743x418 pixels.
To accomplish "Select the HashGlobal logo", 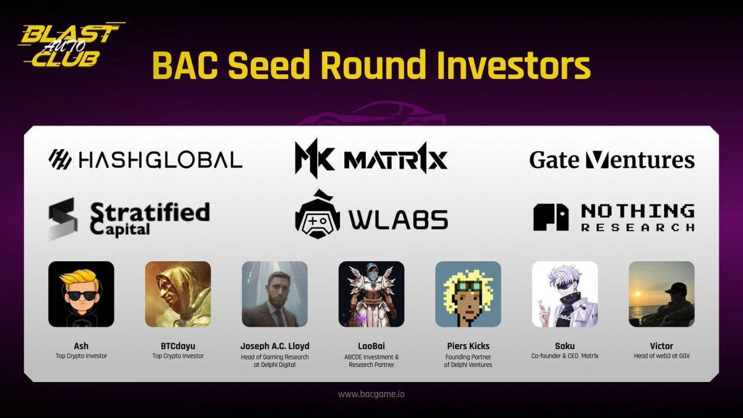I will tap(146, 160).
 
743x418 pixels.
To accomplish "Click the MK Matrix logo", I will tap(371, 159).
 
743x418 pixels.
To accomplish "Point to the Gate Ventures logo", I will tap(612, 160).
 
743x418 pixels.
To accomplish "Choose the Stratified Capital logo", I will tap(129, 219).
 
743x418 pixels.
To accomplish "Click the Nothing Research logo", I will tap(614, 217).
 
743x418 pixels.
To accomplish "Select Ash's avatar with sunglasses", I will tap(81, 294).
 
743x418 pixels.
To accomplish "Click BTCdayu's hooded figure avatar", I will tap(178, 294).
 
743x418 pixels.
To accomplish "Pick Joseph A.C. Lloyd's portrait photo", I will tap(274, 294).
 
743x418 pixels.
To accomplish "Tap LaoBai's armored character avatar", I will tap(371, 294).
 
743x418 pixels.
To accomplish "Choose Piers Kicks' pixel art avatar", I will tap(468, 294).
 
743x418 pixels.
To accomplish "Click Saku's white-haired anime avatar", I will tap(565, 294).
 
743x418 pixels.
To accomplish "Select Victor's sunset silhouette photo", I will tap(661, 294).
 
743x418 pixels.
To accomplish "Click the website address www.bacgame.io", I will tap(371, 394).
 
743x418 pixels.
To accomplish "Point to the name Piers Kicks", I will tap(468, 346).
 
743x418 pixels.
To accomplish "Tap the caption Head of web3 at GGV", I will tap(661, 356).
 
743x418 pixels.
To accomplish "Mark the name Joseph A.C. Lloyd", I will tap(274, 346).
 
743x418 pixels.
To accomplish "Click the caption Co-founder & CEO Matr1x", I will tap(565, 356).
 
